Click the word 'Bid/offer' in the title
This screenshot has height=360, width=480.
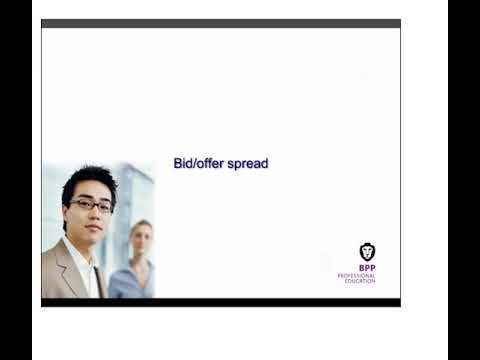(x=197, y=163)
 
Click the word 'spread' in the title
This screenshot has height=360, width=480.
(x=246, y=164)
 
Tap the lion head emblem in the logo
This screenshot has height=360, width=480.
(x=367, y=252)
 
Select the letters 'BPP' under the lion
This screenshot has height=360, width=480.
(x=367, y=268)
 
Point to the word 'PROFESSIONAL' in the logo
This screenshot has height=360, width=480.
(x=357, y=275)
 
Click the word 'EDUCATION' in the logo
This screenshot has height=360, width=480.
(x=360, y=281)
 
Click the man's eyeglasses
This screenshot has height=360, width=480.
(x=91, y=205)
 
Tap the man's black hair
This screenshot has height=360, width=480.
(x=88, y=180)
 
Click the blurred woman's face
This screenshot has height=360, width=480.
(x=140, y=239)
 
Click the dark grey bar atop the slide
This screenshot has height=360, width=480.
(x=220, y=23)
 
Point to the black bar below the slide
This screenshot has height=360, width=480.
(x=220, y=302)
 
